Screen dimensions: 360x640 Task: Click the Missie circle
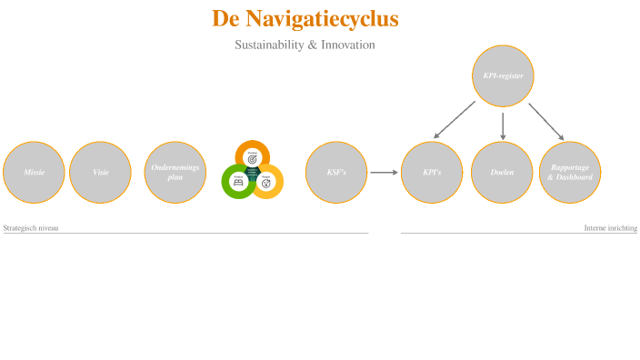34,172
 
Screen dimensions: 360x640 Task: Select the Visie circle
100,172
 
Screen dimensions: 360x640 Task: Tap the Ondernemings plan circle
175,172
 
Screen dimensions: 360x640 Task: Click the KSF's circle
335,172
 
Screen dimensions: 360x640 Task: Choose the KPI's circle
432,172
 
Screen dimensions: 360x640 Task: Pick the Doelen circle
502,172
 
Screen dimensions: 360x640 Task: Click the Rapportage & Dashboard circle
570,172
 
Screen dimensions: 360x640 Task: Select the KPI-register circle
503,75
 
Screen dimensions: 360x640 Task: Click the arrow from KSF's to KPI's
384,172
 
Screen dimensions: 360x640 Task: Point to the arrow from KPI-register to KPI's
455,120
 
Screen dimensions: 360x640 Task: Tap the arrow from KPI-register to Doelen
503,125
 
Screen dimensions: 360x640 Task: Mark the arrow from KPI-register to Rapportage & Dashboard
546,121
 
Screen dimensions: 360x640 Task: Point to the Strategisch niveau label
31,228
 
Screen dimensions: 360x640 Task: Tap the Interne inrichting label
610,228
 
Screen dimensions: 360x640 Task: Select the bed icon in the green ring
238,182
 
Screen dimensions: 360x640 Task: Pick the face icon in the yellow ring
266,182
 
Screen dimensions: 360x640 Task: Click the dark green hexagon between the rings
253,173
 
